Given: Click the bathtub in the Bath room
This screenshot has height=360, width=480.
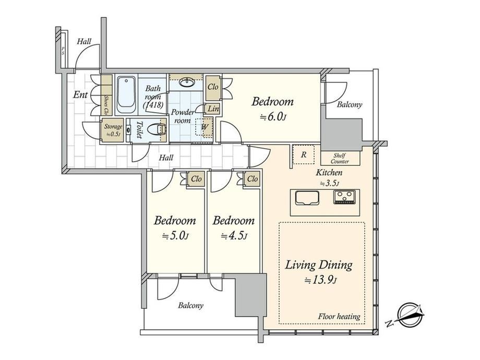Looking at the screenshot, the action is point(126,95).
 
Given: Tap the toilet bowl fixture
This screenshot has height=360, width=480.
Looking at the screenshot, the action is point(156,129).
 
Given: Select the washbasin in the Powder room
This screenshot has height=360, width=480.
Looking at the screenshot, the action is point(186,82).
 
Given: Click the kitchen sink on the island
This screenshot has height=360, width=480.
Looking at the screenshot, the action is point(307,198).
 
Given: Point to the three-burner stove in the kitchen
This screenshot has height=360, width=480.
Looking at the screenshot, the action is point(345,197).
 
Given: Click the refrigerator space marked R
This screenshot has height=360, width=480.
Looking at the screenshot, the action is point(303,154).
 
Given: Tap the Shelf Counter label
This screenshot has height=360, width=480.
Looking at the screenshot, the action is point(340,158).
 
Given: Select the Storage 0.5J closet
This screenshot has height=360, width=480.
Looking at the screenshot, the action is point(113,130).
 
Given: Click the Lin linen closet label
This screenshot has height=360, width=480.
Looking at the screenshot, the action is point(213,109).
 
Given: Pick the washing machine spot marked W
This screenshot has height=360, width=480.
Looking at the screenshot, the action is point(204,127).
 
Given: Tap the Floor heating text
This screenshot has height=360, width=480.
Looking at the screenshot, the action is point(339,316).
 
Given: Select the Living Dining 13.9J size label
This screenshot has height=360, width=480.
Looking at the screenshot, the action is point(319,271).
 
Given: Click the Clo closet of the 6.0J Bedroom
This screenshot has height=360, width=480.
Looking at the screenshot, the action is point(213,88).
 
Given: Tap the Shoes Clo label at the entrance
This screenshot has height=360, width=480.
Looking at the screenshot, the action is point(106,105).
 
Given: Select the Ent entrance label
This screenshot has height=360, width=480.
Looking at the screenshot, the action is point(80,94).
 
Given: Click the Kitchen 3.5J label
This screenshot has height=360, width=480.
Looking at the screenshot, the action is point(329,177).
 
